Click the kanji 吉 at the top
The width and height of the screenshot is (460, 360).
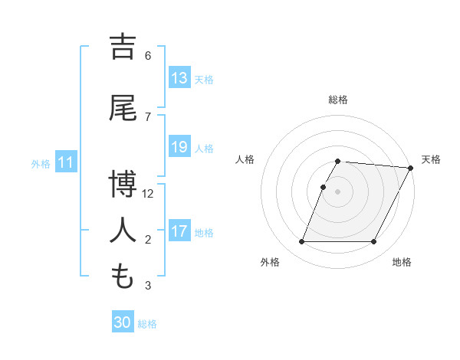point(123,47)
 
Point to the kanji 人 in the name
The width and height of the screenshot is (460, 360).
point(123,230)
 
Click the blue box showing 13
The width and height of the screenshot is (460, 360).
point(179,78)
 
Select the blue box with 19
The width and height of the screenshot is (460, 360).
point(179,147)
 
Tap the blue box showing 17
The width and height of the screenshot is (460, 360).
point(179,231)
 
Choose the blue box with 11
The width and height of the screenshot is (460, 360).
point(65,162)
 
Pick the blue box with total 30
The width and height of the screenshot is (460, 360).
point(123,322)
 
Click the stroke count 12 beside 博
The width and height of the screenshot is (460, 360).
point(149,193)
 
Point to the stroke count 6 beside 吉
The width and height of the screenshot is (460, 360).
point(148,55)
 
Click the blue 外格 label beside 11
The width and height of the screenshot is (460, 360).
point(41,163)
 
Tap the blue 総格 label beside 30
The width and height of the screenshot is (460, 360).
point(148,323)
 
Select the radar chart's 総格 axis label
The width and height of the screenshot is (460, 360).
point(338,100)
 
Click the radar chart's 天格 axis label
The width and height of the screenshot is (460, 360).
point(431,159)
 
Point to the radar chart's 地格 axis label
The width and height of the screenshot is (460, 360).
point(402,262)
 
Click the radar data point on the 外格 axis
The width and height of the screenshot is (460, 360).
point(301,242)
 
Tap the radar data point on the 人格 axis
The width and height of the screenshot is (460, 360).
point(324,187)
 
